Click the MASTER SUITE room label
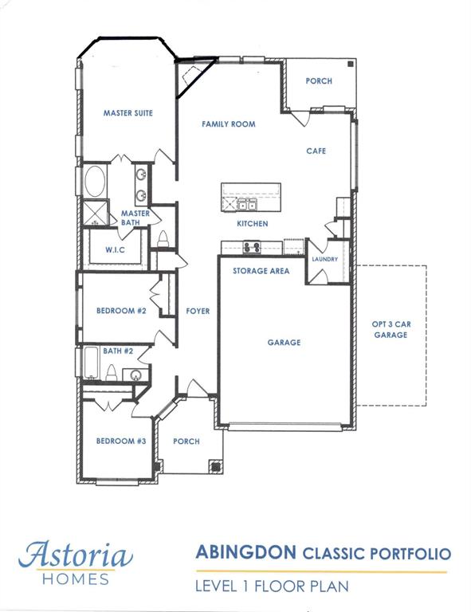pos(128,113)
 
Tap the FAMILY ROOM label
pos(229,124)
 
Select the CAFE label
pos(316,151)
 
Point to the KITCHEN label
pos(253,224)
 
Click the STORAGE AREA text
pos(261,271)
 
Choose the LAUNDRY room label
pos(325,259)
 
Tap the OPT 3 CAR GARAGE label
pos(391,329)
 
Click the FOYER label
pos(198,311)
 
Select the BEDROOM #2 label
pos(121,311)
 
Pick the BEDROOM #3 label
pos(121,441)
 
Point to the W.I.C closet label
pos(115,249)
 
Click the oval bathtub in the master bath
pos(95,182)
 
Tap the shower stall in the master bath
pos(95,213)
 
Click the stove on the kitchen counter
pos(252,247)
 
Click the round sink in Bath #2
pos(135,375)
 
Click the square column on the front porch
pos(216,466)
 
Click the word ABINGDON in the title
pos(245,553)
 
